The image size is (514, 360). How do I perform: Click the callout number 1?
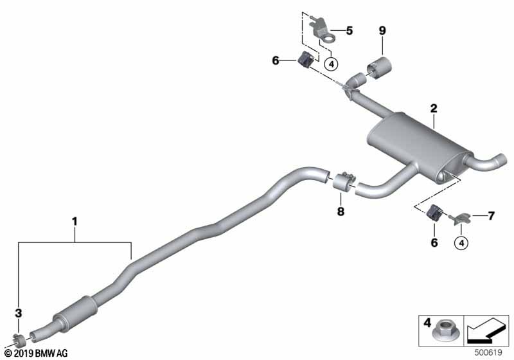point(75,222)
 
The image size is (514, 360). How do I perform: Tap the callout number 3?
point(19,313)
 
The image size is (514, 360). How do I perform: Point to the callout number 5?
point(349,30)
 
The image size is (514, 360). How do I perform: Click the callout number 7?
point(491,216)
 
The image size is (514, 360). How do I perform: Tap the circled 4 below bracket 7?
point(461,242)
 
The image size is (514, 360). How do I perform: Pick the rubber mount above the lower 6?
point(434,212)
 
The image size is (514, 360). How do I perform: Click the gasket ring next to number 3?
point(19,339)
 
